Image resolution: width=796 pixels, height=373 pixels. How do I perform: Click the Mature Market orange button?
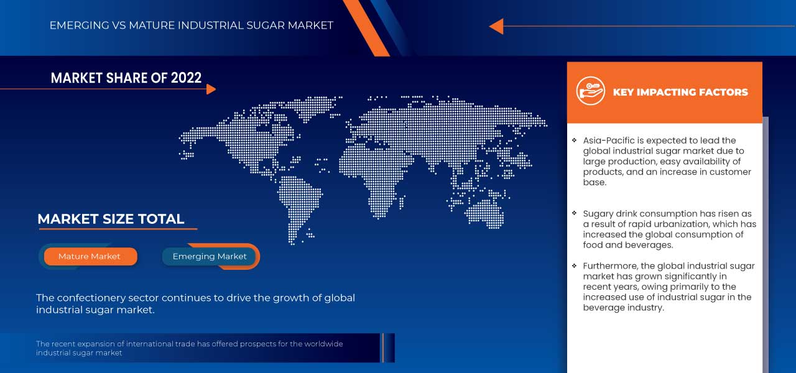pyautogui.click(x=90, y=256)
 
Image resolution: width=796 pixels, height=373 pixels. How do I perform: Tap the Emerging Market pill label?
pyautogui.click(x=210, y=256)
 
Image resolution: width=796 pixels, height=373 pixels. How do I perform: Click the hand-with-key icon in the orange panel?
pyautogui.click(x=590, y=91)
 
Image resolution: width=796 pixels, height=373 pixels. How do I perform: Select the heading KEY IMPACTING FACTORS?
pyautogui.click(x=680, y=93)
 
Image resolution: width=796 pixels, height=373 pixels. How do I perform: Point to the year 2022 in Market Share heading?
pyautogui.click(x=186, y=78)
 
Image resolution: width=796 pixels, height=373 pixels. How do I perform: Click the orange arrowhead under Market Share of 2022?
pyautogui.click(x=211, y=89)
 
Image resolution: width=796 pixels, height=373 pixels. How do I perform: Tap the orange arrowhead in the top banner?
pyautogui.click(x=496, y=26)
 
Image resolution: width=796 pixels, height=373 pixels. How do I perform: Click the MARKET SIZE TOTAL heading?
pyautogui.click(x=111, y=219)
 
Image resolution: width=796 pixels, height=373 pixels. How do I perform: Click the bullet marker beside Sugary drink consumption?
pyautogui.click(x=574, y=213)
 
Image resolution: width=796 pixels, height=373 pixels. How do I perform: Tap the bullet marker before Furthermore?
pyautogui.click(x=574, y=265)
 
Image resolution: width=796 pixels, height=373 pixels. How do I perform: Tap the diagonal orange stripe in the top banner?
pyautogui.click(x=366, y=28)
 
